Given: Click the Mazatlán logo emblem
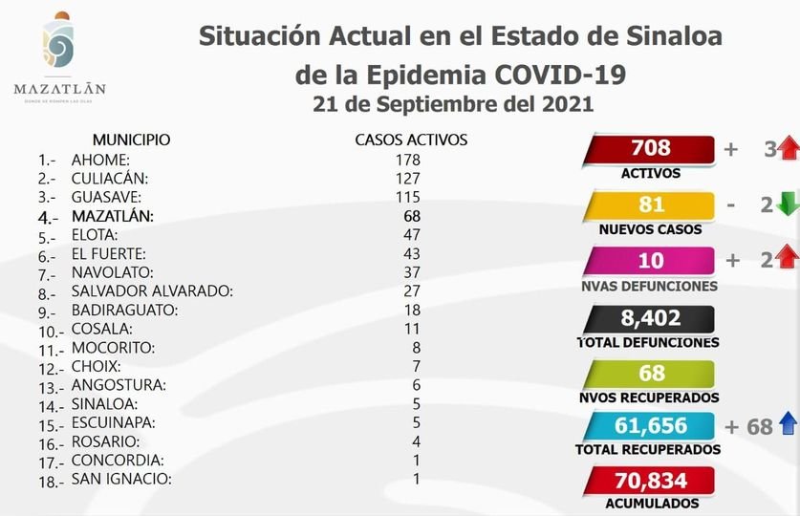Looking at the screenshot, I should (59, 45).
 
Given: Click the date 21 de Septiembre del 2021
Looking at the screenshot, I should (453, 104).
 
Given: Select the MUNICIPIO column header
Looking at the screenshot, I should (132, 140).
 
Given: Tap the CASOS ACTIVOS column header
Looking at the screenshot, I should (411, 140).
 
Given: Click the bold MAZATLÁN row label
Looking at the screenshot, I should (112, 215).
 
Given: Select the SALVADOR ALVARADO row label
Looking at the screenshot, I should (152, 290).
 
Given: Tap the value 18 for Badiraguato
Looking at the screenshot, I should (411, 310).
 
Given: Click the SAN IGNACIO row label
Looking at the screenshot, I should (121, 479).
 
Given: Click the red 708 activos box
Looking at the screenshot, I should (651, 149).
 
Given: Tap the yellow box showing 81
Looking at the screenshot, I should (651, 204).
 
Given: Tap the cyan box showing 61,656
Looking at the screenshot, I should (651, 427).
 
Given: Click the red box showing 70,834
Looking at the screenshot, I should (651, 481).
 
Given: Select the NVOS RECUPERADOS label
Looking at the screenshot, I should (651, 397).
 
